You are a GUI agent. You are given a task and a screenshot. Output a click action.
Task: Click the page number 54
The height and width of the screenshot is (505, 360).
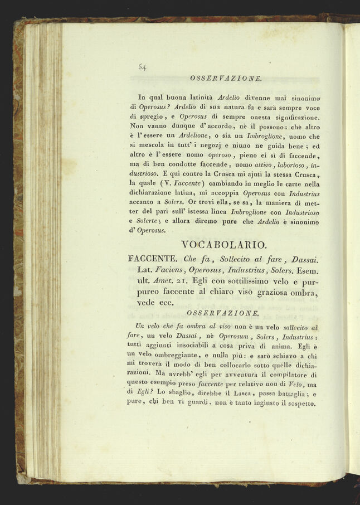point(142,67)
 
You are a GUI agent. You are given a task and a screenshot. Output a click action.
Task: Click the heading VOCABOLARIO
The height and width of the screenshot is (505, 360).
point(224,245)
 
